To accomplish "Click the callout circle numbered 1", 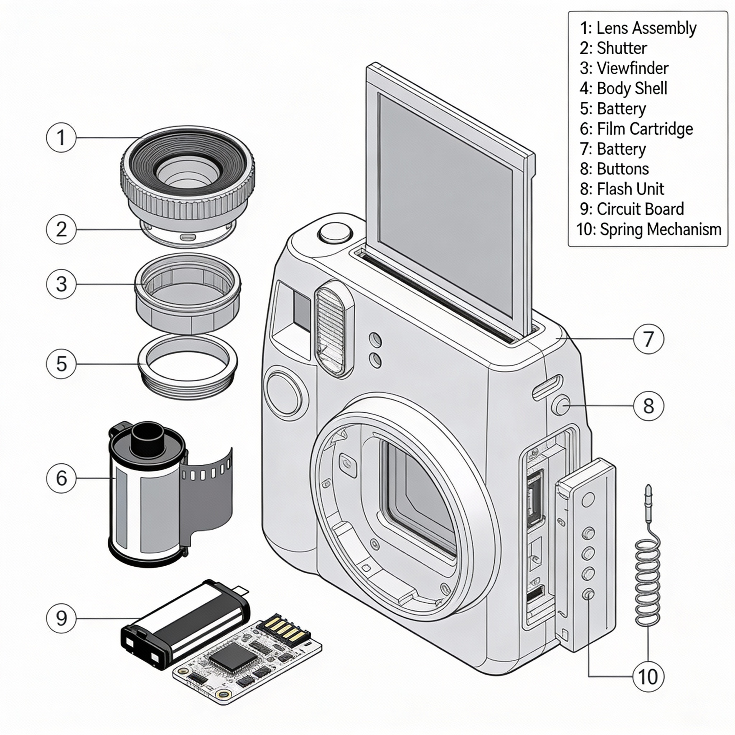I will (x=61, y=137).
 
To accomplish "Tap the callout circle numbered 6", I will (x=61, y=478).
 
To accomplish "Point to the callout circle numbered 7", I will (x=648, y=338).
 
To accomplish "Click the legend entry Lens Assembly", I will (x=638, y=28).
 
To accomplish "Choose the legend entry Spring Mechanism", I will (x=649, y=229).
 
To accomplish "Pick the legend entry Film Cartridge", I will (x=636, y=128).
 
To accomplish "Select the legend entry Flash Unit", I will (x=622, y=189).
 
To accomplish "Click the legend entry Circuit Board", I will (x=632, y=209).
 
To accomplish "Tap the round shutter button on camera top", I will (x=335, y=233).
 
